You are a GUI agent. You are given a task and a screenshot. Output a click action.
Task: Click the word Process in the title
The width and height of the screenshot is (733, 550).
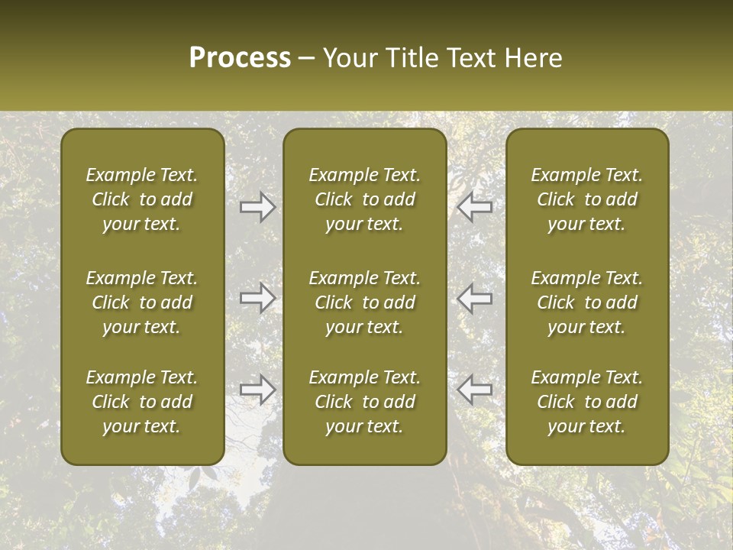click(240, 58)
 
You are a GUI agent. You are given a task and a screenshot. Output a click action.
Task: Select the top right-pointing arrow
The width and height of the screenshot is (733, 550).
click(257, 207)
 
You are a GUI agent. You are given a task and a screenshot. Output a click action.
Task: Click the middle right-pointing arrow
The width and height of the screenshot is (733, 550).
click(257, 298)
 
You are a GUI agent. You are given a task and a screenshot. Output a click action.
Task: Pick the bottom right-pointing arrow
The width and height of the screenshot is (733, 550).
click(257, 390)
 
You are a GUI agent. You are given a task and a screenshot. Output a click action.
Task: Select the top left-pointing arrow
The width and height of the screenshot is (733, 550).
click(475, 207)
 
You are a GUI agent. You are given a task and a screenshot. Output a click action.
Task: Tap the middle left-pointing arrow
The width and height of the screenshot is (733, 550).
click(475, 298)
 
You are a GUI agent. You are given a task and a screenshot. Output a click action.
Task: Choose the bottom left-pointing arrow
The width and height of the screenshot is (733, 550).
click(475, 390)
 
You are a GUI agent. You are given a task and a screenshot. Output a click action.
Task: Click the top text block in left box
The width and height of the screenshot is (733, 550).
click(142, 199)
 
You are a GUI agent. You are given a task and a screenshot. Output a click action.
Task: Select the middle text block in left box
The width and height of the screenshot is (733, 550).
click(142, 302)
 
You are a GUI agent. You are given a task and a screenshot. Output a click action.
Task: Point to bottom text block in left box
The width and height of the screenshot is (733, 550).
click(142, 402)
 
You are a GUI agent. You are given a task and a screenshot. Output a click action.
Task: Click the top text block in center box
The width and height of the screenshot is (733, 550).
click(365, 199)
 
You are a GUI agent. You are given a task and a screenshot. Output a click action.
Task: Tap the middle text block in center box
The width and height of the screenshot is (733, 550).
click(365, 302)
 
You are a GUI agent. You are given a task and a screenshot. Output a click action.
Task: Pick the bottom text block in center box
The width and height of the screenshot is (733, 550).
click(365, 402)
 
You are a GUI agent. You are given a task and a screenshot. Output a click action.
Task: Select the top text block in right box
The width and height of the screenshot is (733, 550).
click(587, 199)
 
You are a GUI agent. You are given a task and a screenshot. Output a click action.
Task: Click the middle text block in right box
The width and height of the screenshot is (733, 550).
click(587, 302)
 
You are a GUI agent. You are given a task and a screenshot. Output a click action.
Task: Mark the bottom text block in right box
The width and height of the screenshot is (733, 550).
click(587, 402)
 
